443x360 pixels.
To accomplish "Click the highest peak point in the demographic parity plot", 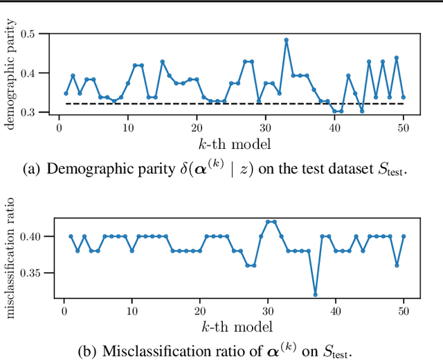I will (286, 39).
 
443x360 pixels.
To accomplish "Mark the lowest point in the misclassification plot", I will (316, 294).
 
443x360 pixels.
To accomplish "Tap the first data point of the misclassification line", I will (71, 236).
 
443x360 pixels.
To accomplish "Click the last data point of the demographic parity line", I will (403, 98).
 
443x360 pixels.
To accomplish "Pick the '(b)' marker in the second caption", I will (89, 351).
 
